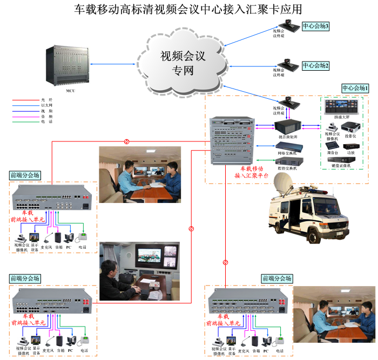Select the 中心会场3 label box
click(315, 26)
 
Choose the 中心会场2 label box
click(315, 65)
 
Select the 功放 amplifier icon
click(351, 146)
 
